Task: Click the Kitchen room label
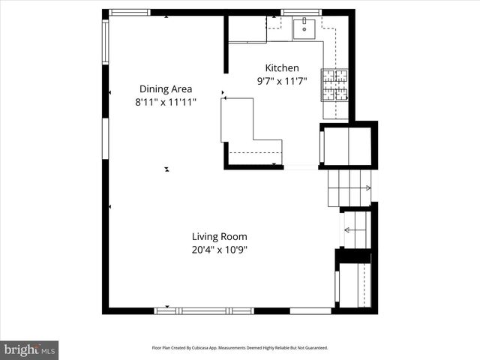tap(282, 67)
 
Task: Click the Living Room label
tap(219, 236)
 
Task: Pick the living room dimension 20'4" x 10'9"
tap(219, 249)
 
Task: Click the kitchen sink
tap(304, 29)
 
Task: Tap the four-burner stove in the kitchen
tap(335, 85)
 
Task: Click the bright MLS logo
tap(29, 349)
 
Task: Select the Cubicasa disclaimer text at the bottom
tap(240, 348)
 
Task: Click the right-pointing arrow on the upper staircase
tap(367, 188)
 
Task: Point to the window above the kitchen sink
tap(301, 12)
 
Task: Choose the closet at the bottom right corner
tap(355, 284)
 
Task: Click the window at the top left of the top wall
tap(130, 12)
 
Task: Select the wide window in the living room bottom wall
tap(207, 310)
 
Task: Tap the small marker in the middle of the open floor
tap(166, 169)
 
